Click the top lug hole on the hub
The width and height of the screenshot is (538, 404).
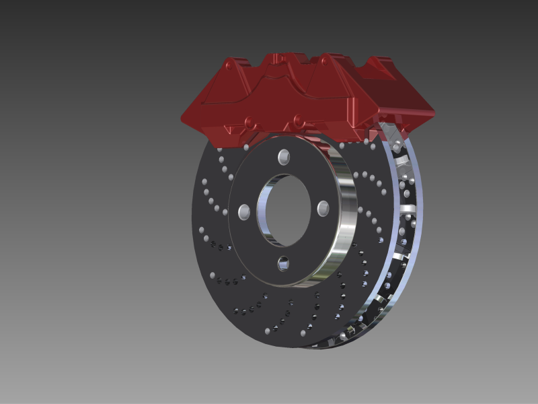(284, 158)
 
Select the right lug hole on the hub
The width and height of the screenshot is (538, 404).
(322, 206)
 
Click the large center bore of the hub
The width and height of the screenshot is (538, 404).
(283, 209)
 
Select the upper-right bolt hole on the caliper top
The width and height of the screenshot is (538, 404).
(328, 63)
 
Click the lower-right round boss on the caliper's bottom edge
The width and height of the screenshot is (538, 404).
(298, 121)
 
